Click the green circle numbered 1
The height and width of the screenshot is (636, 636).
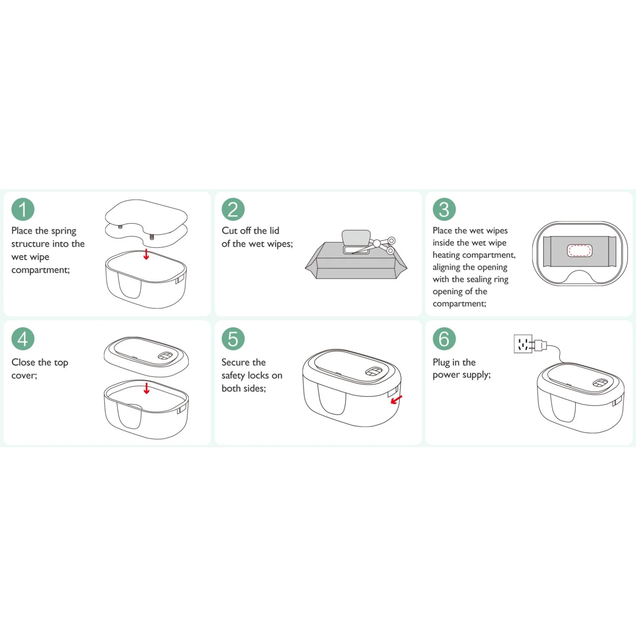(23, 209)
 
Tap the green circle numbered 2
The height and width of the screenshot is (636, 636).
(233, 209)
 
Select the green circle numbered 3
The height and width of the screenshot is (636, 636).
(444, 209)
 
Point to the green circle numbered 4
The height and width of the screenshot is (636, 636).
(23, 338)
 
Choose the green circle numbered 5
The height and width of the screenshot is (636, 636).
(233, 338)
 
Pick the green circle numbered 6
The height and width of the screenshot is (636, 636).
(444, 338)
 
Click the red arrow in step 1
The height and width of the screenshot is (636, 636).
(146, 254)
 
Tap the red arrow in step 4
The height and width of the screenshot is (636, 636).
(147, 388)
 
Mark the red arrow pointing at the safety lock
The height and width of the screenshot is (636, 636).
(396, 400)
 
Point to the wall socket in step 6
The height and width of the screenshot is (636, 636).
(523, 344)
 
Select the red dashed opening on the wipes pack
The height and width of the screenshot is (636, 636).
(579, 251)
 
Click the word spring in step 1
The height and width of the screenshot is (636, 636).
(64, 231)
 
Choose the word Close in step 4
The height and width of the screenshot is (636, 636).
(23, 362)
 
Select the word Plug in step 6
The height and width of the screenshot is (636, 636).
(441, 363)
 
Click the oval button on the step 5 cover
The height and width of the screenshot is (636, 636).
(374, 372)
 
